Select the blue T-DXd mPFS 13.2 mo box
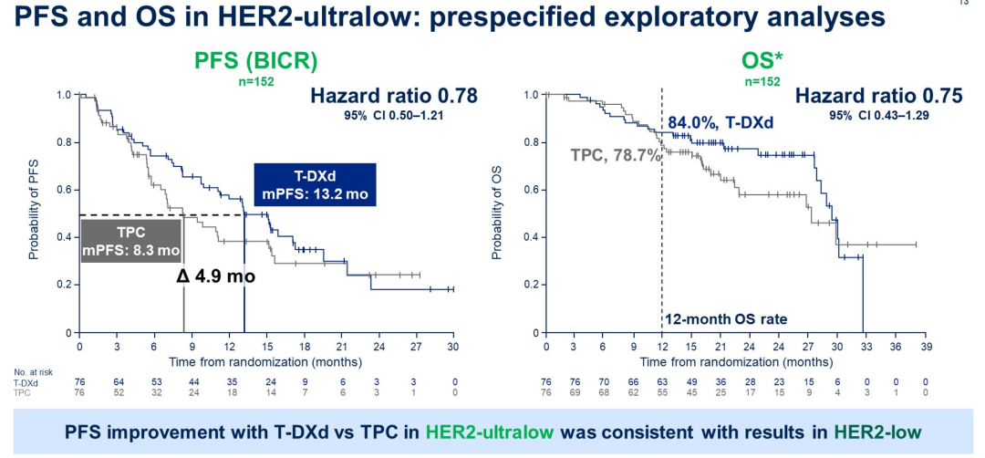coord(314,185)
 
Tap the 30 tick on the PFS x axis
coord(452,347)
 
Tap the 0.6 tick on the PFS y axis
coord(63,190)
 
